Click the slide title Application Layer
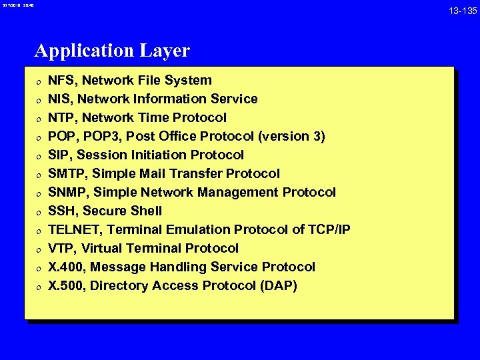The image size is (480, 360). (112, 51)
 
